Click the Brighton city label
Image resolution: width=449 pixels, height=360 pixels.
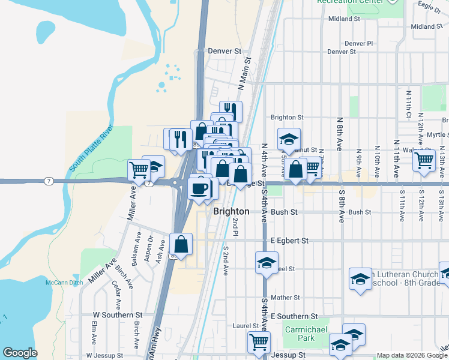tap(231, 212)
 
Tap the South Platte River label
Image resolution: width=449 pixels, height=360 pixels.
tap(91, 149)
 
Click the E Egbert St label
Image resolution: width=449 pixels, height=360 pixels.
tap(289, 241)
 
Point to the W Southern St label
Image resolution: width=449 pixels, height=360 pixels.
tap(117, 314)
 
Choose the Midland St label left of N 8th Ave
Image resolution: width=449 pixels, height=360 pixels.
tap(343, 19)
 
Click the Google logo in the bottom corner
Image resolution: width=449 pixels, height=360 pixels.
tap(20, 353)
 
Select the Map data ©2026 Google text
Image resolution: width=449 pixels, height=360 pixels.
tap(411, 355)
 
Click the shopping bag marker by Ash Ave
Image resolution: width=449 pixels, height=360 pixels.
tap(181, 244)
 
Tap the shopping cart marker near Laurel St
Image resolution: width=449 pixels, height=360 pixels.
tap(259, 342)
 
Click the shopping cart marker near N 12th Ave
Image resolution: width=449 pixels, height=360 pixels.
tap(424, 160)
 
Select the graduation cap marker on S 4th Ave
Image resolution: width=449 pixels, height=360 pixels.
tap(267, 262)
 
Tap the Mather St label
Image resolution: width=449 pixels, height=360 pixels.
tap(285, 298)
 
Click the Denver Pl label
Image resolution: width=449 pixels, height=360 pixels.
tap(358, 44)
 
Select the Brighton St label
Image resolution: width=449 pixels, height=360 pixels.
tap(287, 118)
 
